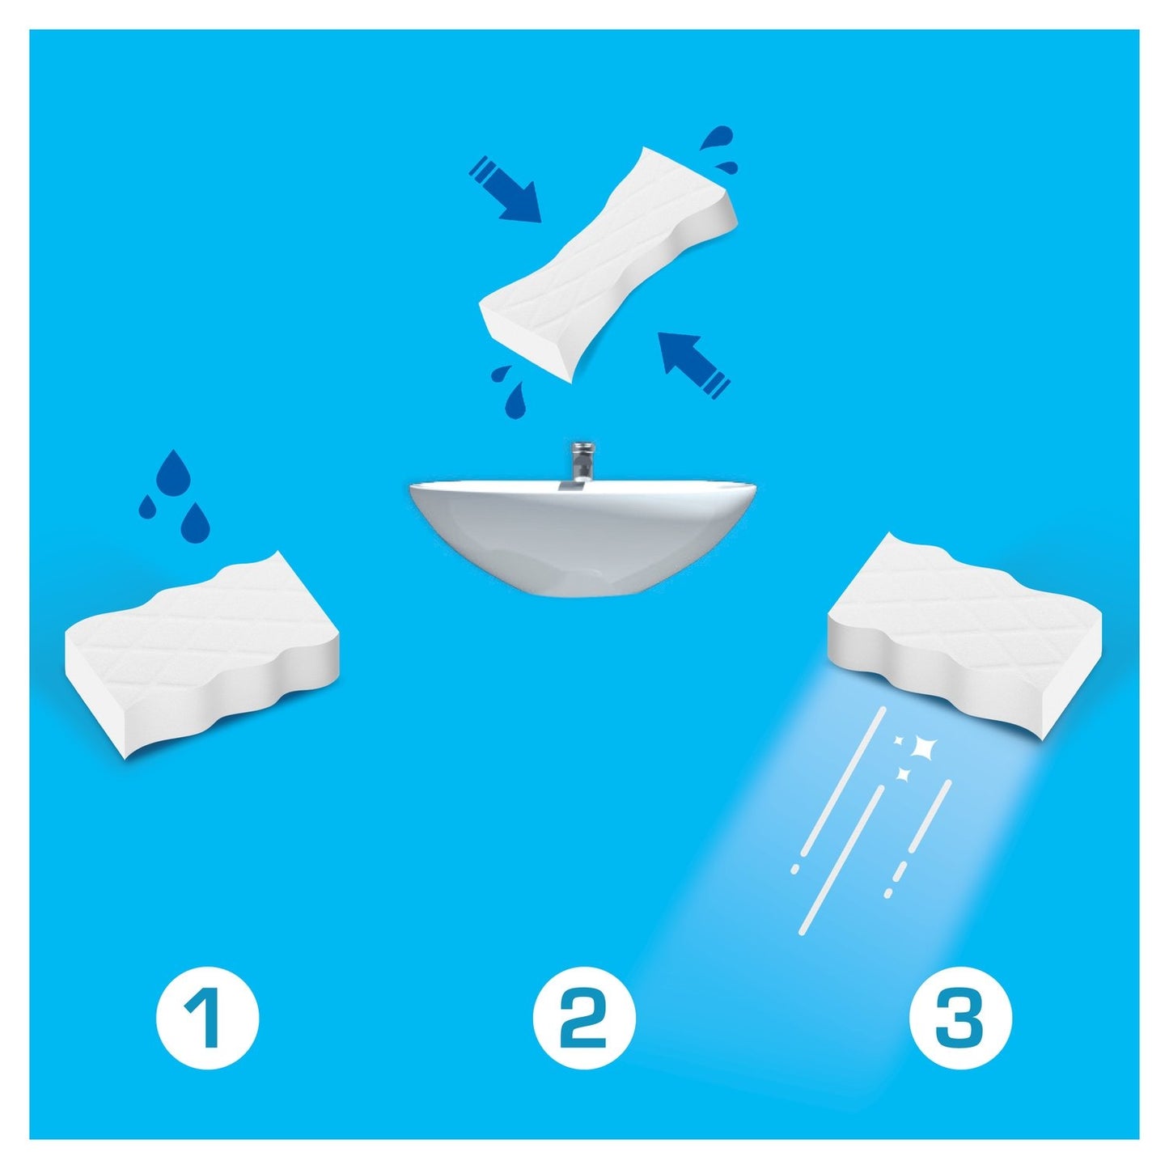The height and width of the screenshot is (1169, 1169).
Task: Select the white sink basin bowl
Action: [583, 534]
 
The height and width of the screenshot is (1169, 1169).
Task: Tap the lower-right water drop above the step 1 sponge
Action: [194, 520]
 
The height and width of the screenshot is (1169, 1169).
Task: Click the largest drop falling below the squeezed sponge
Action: [517, 400]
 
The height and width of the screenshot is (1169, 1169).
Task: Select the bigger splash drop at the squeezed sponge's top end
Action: [716, 139]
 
